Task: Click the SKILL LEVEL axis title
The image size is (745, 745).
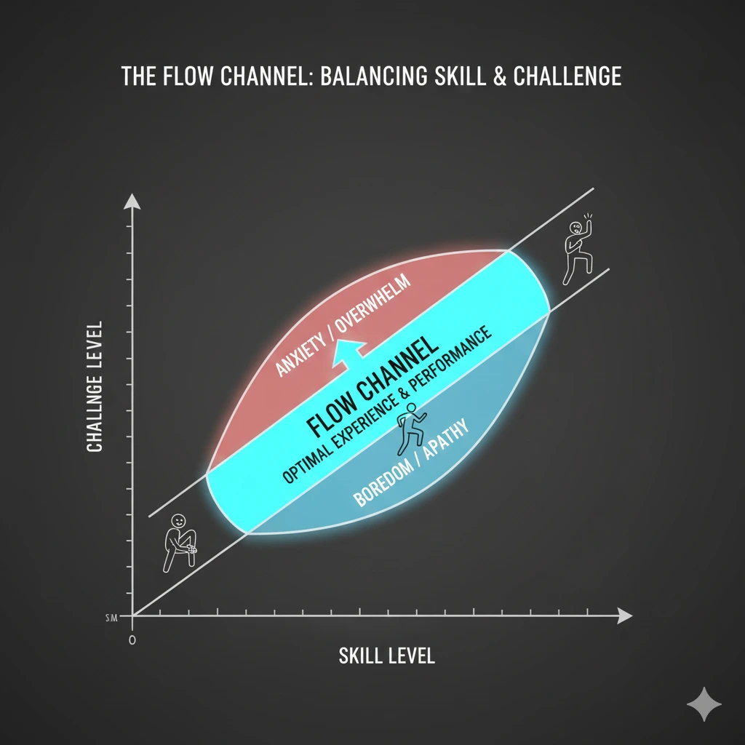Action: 386,656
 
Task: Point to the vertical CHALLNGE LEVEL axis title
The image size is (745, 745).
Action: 95,386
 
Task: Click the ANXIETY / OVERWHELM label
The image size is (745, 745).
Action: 343,324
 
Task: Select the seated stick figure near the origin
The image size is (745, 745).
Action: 178,542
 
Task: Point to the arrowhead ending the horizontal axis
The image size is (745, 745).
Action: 624,615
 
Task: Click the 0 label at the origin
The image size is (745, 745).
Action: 132,641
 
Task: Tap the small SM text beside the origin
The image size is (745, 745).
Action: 112,618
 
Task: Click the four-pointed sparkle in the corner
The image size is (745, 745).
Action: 704,704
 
